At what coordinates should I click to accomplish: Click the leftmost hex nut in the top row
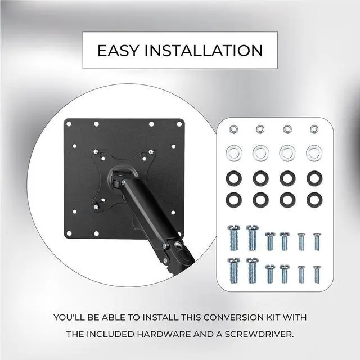[233, 129]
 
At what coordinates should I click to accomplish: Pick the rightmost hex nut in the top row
[314, 129]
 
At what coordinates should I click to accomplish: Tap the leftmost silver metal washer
[233, 152]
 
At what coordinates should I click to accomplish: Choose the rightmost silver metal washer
[314, 152]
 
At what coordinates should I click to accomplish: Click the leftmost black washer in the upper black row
[233, 178]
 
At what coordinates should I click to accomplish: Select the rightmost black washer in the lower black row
[314, 199]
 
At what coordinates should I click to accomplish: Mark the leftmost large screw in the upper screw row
[233, 237]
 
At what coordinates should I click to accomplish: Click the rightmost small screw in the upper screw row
[317, 241]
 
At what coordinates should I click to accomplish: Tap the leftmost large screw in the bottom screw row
[233, 270]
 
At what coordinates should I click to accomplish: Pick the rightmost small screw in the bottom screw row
[317, 273]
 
